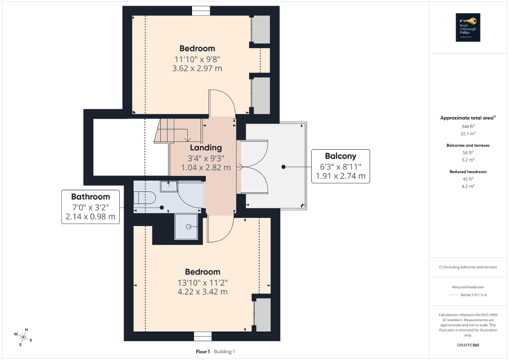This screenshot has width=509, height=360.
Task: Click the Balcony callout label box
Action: (340, 166)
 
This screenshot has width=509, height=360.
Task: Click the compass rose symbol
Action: (24, 336)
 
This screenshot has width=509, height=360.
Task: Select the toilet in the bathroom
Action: (145, 198)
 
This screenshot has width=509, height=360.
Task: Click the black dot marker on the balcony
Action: (283, 167)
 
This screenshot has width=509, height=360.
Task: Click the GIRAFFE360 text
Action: (467, 346)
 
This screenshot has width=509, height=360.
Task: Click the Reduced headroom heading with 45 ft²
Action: (467, 172)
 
